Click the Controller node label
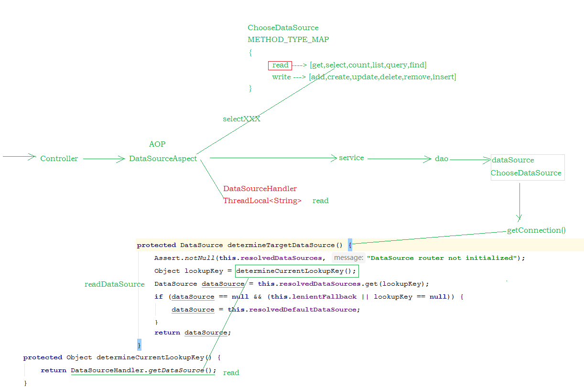pyautogui.click(x=59, y=159)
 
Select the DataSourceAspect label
pyautogui.click(x=163, y=159)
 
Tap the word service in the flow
pyautogui.click(x=351, y=158)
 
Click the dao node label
pyautogui.click(x=442, y=159)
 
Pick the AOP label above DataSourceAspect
pyautogui.click(x=157, y=144)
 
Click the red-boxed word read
pyautogui.click(x=280, y=65)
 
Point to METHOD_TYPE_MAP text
pyautogui.click(x=288, y=40)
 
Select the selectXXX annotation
pyautogui.click(x=241, y=119)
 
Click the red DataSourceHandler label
pyautogui.click(x=260, y=189)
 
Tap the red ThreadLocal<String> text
pyautogui.click(x=262, y=201)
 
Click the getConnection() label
pyautogui.click(x=536, y=230)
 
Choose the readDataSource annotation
pyautogui.click(x=114, y=284)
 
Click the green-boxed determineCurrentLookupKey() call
pyautogui.click(x=296, y=271)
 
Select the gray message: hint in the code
pyautogui.click(x=348, y=258)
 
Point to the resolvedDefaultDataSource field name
pyautogui.click(x=303, y=310)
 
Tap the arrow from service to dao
pyautogui.click(x=399, y=159)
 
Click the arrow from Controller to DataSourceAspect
pyautogui.click(x=104, y=160)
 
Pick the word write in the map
pyautogui.click(x=281, y=77)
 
